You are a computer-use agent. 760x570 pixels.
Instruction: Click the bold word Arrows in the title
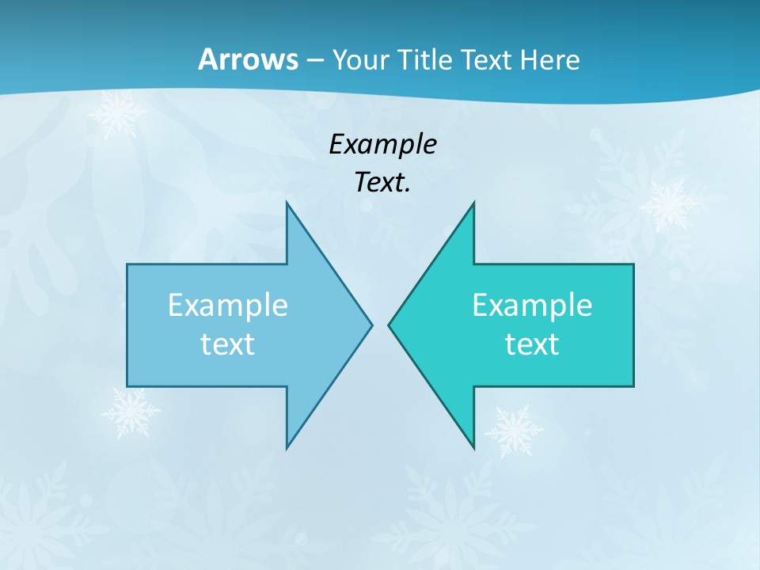pyautogui.click(x=247, y=59)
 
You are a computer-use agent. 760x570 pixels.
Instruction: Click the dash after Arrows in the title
pyautogui.click(x=313, y=61)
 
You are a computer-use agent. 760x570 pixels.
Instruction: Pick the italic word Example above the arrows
pyautogui.click(x=382, y=144)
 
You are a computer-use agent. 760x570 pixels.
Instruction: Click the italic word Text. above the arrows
pyautogui.click(x=382, y=183)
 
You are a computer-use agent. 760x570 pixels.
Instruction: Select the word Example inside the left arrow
pyautogui.click(x=228, y=306)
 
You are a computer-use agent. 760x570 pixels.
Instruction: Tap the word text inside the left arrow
pyautogui.click(x=228, y=344)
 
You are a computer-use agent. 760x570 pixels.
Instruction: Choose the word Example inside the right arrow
pyautogui.click(x=532, y=306)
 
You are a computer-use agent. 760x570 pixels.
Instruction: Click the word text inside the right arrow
pyautogui.click(x=532, y=344)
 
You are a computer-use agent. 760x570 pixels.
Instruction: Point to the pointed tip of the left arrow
pyautogui.click(x=370, y=325)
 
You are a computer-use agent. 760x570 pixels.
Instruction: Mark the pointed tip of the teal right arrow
pyautogui.click(x=389, y=325)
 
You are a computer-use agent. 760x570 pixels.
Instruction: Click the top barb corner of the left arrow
pyautogui.click(x=287, y=203)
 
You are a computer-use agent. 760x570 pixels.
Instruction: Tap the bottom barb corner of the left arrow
pyautogui.click(x=287, y=447)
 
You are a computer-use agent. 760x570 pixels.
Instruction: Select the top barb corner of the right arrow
pyautogui.click(x=473, y=203)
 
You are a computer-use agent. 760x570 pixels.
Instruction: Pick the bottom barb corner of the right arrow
pyautogui.click(x=473, y=447)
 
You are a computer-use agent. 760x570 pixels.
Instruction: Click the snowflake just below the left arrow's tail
pyautogui.click(x=129, y=412)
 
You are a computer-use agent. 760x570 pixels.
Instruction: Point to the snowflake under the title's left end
pyautogui.click(x=117, y=113)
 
